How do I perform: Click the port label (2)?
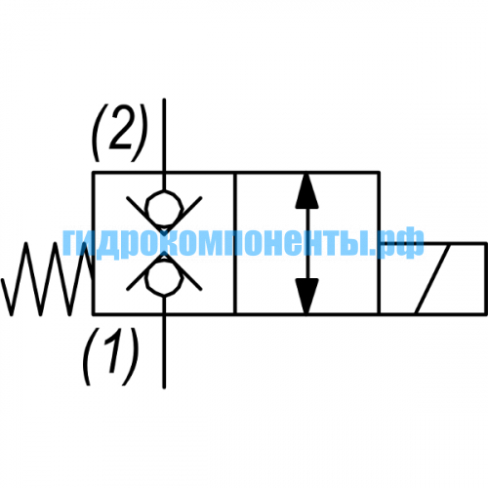120,133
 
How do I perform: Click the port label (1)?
110,356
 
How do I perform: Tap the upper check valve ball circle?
164,208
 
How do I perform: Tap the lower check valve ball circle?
164,279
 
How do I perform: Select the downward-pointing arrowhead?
306,297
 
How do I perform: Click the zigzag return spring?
48,279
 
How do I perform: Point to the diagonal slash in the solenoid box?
433,279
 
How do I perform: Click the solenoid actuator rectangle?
433,279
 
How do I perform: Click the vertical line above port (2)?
164,144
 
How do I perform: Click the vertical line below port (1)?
164,343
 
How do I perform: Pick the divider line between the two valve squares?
235,243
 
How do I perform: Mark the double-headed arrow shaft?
306,243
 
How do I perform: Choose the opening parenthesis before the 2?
99,133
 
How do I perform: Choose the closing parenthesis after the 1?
131,356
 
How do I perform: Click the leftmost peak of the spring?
26,243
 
